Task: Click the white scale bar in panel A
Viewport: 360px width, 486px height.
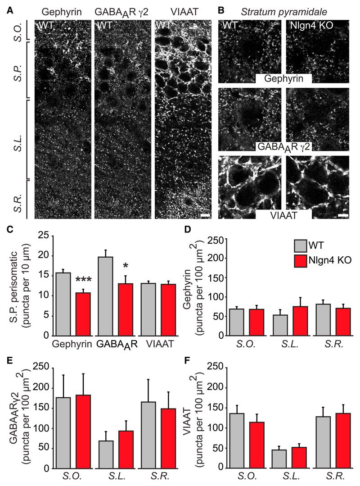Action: (205, 216)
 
